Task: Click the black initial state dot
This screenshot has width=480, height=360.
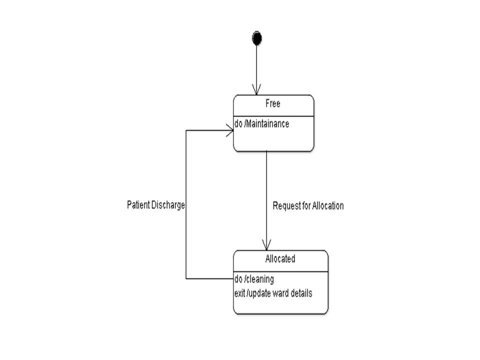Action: [x=257, y=38]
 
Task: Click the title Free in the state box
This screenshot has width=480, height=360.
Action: [x=273, y=104]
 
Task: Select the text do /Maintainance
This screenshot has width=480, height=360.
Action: [x=261, y=123]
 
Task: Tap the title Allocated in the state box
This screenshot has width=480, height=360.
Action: [x=280, y=259]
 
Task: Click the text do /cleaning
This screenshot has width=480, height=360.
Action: [x=254, y=279]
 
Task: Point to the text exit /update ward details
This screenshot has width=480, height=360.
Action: [x=273, y=293]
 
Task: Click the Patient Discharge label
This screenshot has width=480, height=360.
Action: [x=156, y=205]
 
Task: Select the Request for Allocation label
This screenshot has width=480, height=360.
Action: [x=308, y=205]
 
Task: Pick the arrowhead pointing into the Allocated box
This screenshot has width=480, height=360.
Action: [x=266, y=245]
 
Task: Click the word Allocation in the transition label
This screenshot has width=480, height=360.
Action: [x=328, y=205]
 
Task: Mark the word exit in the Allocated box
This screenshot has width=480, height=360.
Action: [x=239, y=293]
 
